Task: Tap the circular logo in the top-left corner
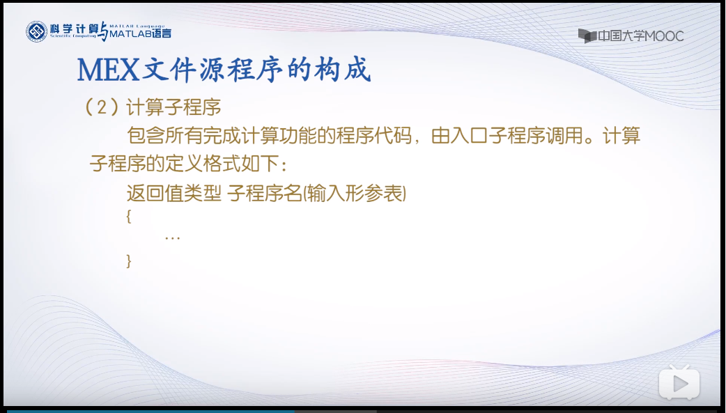point(37,31)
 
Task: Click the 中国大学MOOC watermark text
point(640,36)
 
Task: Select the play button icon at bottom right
point(679,382)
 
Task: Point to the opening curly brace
point(129,216)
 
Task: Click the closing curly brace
point(129,260)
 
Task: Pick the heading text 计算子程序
point(174,108)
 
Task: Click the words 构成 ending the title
point(348,70)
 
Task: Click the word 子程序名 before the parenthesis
point(264,193)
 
